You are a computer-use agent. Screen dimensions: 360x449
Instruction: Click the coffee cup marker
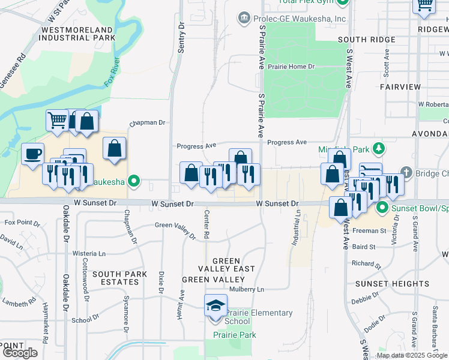pyautogui.click(x=33, y=154)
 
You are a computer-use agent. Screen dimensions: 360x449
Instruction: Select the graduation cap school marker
pyautogui.click(x=215, y=305)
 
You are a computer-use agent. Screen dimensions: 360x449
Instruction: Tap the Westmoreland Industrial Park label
pyautogui.click(x=76, y=33)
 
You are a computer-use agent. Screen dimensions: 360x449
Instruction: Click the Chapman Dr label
pyautogui.click(x=147, y=122)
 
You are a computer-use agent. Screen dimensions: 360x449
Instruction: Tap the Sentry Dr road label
pyautogui.click(x=182, y=35)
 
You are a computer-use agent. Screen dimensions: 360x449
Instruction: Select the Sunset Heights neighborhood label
pyautogui.click(x=392, y=283)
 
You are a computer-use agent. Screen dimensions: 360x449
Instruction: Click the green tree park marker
pyautogui.click(x=378, y=148)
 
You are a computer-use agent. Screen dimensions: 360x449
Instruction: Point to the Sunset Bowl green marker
pyautogui.click(x=382, y=209)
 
